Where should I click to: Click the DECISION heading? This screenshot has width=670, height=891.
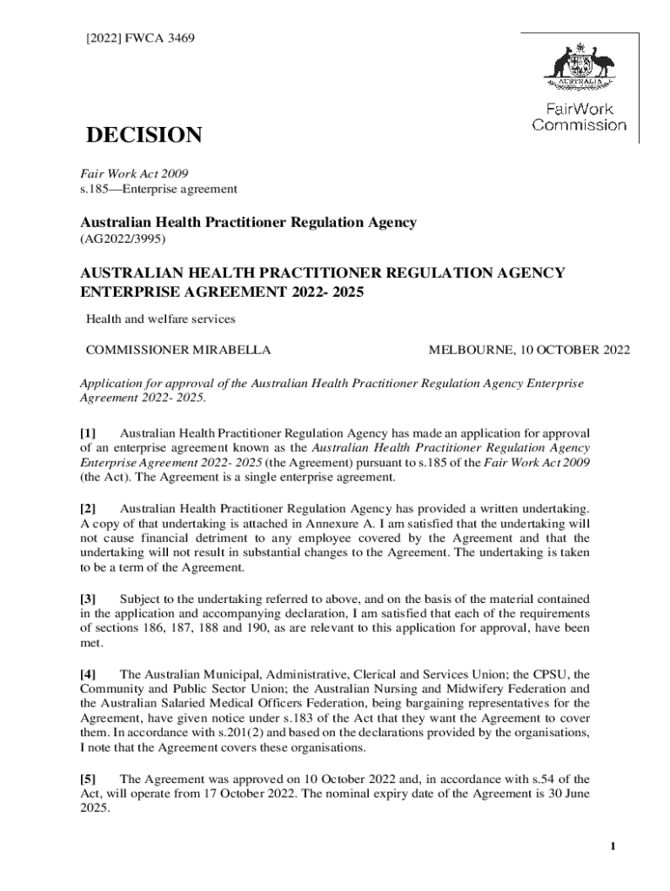[x=143, y=136]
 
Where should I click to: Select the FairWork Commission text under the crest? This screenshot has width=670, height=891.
[x=579, y=117]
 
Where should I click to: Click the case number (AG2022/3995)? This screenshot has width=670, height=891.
[x=123, y=238]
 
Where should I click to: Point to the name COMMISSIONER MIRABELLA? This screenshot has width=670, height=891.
[x=178, y=351]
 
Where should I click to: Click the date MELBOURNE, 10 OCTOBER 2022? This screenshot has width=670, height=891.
[x=529, y=351]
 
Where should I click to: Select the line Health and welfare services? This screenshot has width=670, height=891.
[x=160, y=319]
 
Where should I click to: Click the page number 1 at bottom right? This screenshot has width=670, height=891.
[x=613, y=847]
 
